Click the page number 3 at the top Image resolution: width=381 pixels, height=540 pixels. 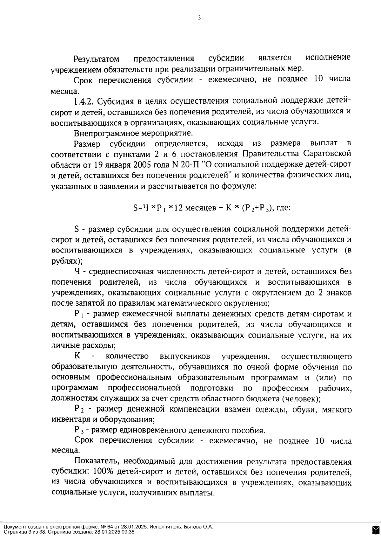(x=199, y=18)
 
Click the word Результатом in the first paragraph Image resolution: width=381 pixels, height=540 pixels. (x=97, y=59)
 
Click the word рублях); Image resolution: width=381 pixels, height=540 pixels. (x=67, y=261)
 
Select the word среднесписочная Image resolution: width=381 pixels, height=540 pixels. (x=121, y=272)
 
